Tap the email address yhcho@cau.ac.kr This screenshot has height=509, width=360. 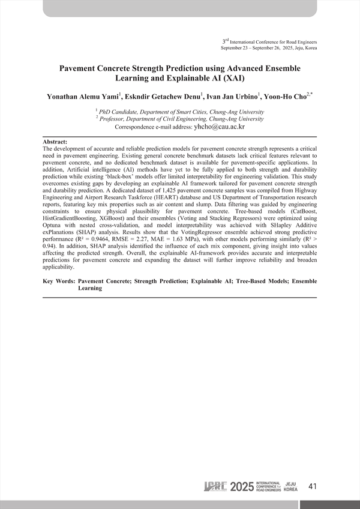point(219,127)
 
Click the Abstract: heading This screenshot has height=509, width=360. point(55,141)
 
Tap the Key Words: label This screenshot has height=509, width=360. point(59,281)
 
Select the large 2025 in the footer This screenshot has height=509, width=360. point(241,486)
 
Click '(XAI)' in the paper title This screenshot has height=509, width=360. point(232,78)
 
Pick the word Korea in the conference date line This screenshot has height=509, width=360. point(310,47)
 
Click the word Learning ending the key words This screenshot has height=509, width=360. point(90,288)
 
